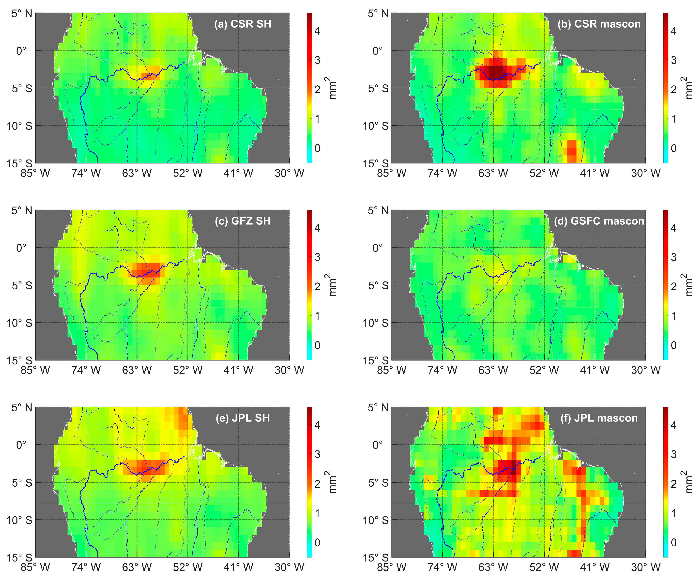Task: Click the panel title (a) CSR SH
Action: (x=242, y=24)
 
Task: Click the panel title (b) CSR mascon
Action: (x=599, y=24)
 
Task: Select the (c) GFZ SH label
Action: (x=242, y=221)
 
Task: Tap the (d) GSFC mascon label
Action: (x=599, y=221)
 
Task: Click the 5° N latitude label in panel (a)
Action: (x=22, y=14)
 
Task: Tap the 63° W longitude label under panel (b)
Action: (x=493, y=173)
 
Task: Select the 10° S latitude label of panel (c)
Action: (x=19, y=323)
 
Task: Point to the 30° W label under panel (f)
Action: (x=646, y=567)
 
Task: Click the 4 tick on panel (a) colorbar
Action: (x=317, y=31)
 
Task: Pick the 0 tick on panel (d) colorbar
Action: (x=673, y=345)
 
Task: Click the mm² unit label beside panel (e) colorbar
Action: (x=332, y=482)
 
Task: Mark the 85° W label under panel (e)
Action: (x=35, y=567)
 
